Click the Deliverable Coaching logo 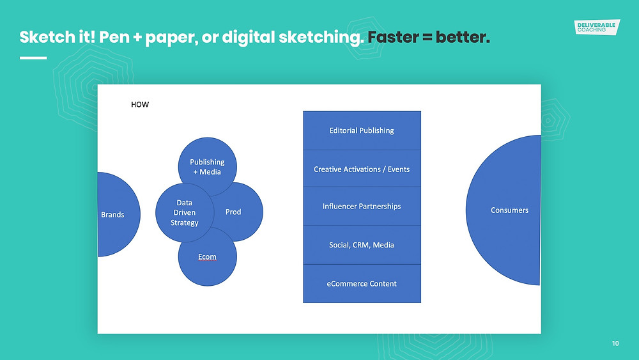point(597,27)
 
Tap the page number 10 point(615,343)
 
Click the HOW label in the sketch point(140,104)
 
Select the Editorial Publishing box point(362,130)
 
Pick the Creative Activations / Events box point(362,169)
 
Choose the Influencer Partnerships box point(362,207)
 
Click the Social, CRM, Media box point(362,245)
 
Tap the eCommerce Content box point(362,284)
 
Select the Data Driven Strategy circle point(185,212)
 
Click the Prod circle point(240,212)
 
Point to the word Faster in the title point(393,37)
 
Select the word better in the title point(463,37)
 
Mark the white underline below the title point(33,58)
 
